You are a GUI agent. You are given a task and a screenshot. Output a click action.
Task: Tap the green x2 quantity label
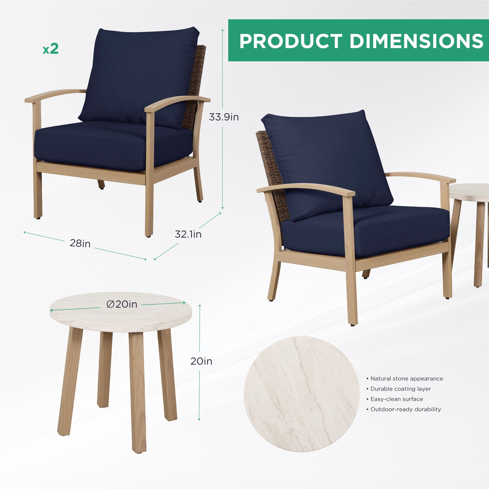tap(51, 48)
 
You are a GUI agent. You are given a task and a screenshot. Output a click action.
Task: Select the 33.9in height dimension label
tap(224, 117)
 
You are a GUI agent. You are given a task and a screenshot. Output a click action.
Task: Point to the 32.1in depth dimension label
tap(188, 234)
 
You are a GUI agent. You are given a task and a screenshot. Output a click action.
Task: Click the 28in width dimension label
tap(80, 243)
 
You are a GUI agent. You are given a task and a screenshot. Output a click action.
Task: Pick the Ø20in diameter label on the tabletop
tap(122, 304)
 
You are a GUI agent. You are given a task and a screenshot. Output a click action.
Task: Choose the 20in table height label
tap(201, 361)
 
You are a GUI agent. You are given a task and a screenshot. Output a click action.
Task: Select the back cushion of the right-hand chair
tap(326, 165)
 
